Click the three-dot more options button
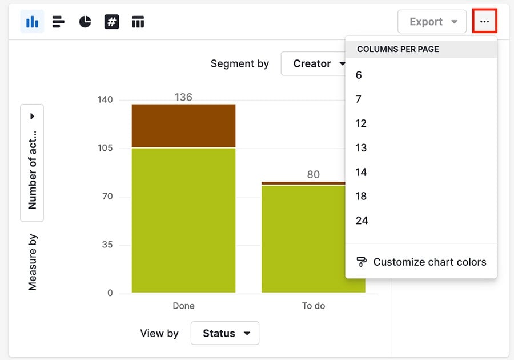pos(484,22)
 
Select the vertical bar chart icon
pos(33,22)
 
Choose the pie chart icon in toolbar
pos(85,22)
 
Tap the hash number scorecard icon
pos(111,22)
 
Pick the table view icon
pos(138,22)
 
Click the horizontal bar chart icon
pos(58,22)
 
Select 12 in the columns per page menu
pos(361,123)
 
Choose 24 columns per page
pos(362,221)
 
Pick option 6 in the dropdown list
pos(359,75)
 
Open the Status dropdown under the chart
pos(224,333)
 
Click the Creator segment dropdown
pos(313,63)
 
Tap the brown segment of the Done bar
pos(183,126)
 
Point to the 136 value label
pos(183,97)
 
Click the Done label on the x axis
pos(183,306)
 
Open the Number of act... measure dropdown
pos(32,163)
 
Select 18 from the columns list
pos(361,196)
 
